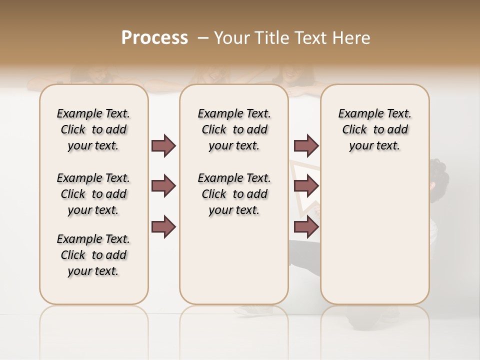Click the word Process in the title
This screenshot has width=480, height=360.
click(x=154, y=38)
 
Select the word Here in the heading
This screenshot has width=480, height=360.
click(x=352, y=38)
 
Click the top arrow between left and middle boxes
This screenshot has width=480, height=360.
click(x=163, y=145)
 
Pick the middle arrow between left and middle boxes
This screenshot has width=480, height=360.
click(x=163, y=186)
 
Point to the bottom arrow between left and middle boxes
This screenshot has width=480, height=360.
click(x=163, y=227)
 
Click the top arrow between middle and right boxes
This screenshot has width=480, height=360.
click(x=306, y=145)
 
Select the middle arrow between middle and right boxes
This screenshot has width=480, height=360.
click(x=306, y=186)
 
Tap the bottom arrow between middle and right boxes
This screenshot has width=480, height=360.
click(x=306, y=227)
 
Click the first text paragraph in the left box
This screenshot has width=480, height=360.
click(x=93, y=129)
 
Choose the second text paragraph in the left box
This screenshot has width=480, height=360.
click(x=93, y=194)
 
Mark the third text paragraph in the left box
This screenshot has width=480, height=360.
click(x=93, y=255)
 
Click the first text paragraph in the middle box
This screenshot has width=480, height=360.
click(x=234, y=129)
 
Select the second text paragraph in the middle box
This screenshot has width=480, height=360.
click(x=234, y=194)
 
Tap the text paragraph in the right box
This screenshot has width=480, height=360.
click(x=375, y=129)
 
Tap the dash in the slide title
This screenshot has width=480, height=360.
click(x=202, y=38)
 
